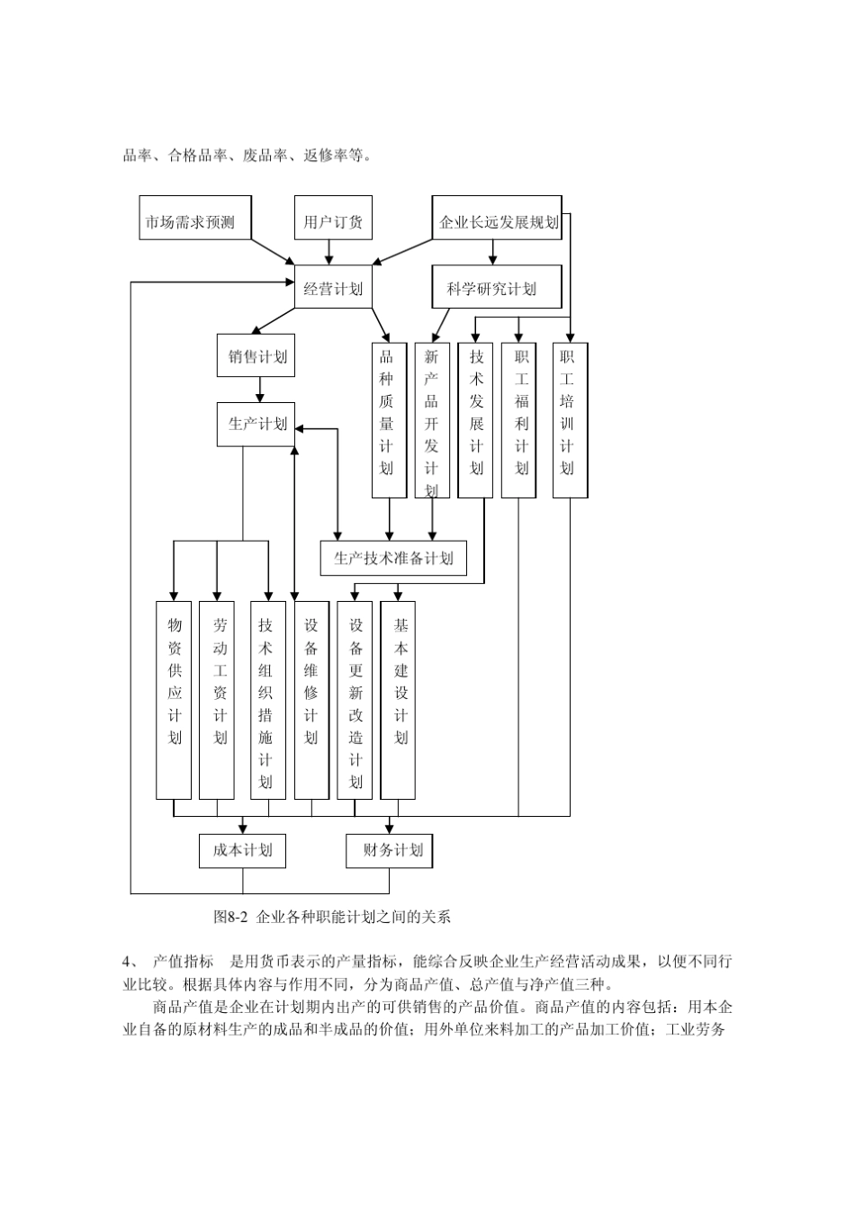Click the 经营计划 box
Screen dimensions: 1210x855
pos(333,288)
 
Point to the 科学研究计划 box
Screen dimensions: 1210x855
pos(497,288)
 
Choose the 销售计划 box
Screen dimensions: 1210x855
pos(259,356)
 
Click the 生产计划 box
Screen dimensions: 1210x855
pos(256,424)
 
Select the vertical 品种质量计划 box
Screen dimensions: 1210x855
pos(388,419)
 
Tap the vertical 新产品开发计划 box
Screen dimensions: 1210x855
pos(432,419)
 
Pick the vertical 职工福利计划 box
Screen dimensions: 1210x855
pos(519,419)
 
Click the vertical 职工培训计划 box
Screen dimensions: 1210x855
pos(570,419)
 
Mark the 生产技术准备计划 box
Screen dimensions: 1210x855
pos(393,558)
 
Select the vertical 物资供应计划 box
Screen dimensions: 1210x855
pos(174,700)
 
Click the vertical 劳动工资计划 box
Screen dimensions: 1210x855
pos(217,700)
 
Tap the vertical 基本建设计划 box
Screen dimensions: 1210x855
pos(399,700)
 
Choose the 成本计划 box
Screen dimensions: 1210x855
pos(242,850)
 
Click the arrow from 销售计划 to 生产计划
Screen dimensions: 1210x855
pos(259,389)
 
